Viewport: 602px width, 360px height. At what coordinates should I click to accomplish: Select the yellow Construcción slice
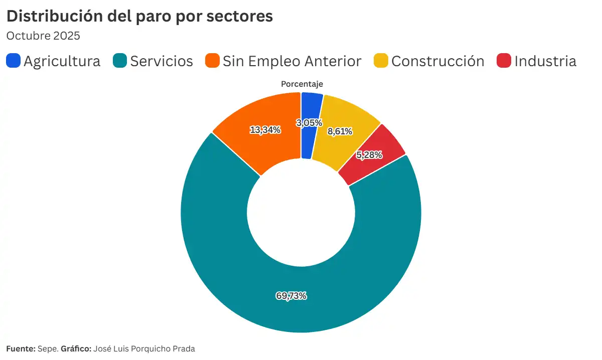[x=346, y=118]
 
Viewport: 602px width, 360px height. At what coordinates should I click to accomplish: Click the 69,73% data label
[x=291, y=296]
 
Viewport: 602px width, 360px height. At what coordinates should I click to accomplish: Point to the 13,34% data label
[x=265, y=130]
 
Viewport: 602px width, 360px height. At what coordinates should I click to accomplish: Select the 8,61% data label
[x=340, y=131]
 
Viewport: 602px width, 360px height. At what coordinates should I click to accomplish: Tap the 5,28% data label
[x=369, y=155]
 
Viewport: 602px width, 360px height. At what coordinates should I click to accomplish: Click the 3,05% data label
[x=309, y=122]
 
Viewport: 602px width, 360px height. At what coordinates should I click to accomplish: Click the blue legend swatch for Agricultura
[x=14, y=61]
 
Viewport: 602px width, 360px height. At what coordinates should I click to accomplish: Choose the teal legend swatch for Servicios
[x=120, y=61]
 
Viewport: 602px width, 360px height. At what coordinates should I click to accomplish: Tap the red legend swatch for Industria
[x=504, y=61]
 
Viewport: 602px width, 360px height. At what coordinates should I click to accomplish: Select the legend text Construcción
[x=437, y=61]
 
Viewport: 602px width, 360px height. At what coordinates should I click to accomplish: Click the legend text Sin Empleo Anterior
[x=292, y=61]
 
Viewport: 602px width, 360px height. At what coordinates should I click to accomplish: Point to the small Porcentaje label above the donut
[x=302, y=84]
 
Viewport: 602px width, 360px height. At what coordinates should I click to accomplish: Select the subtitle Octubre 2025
[x=43, y=36]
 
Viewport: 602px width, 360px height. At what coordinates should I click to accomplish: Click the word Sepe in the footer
[x=48, y=348]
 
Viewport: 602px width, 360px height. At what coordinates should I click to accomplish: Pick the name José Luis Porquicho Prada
[x=144, y=348]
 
